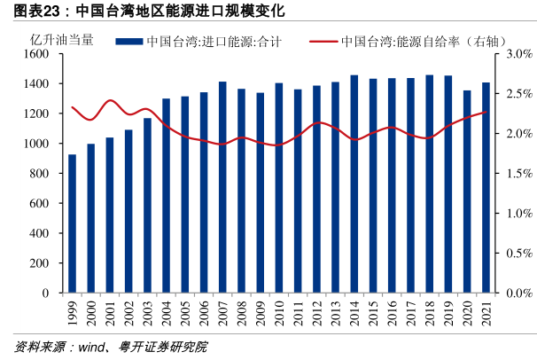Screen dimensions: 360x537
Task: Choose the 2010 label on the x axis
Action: pos(279,314)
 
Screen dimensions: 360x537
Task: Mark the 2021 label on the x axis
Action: pos(486,314)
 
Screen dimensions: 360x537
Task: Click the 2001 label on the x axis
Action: pos(110,314)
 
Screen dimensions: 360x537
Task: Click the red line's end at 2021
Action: pos(486,113)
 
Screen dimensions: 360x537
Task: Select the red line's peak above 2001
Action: pos(110,100)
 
